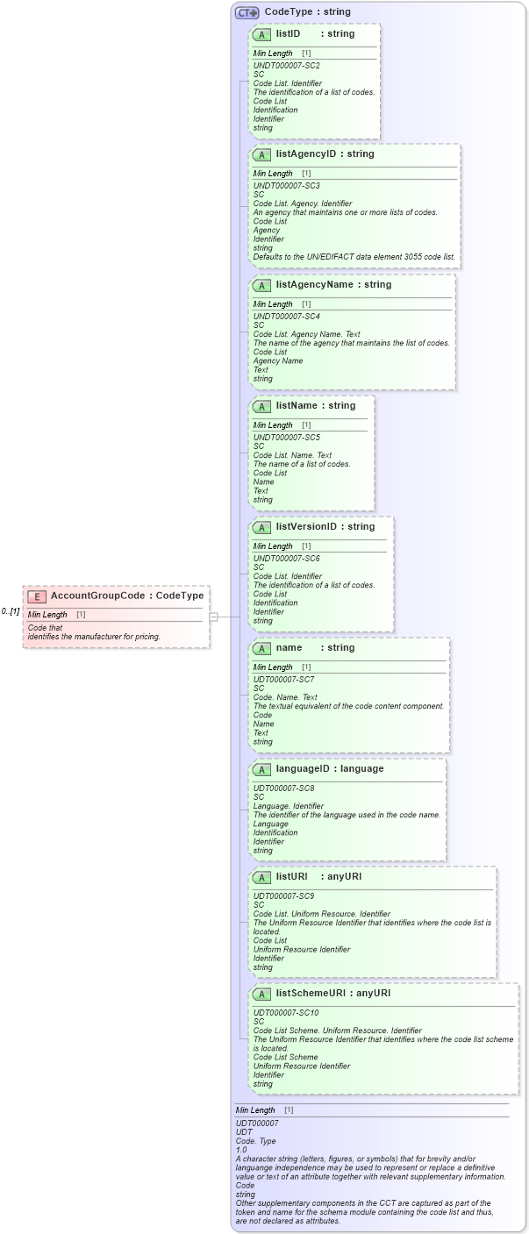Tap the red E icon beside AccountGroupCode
[37, 596]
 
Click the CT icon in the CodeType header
[247, 12]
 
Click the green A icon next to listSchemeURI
[261, 994]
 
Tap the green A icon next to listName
[261, 406]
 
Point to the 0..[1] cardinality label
[11, 611]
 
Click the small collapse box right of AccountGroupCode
[213, 617]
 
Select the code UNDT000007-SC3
[286, 186]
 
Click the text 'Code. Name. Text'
[285, 697]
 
